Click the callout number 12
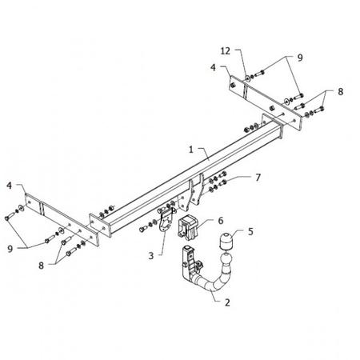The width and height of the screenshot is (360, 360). tap(226, 50)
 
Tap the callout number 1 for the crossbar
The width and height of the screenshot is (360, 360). tap(191, 150)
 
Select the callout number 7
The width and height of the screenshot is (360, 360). tap(258, 178)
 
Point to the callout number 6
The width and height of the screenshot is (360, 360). tap(221, 221)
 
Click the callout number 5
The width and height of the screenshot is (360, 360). tap(250, 231)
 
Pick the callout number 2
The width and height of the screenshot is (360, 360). tap(227, 302)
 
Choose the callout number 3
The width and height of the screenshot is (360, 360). tap(151, 256)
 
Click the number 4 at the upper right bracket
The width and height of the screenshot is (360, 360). tap(213, 67)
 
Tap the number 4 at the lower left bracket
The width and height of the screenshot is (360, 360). tap(10, 186)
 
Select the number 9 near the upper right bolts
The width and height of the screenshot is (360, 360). tap(300, 58)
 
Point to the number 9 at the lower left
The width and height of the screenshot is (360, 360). tap(10, 249)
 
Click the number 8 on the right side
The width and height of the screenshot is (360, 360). tap(341, 92)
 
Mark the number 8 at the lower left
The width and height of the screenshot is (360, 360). tap(41, 266)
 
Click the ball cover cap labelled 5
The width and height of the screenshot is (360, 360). tap(226, 241)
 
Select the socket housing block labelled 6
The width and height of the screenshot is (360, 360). tap(188, 226)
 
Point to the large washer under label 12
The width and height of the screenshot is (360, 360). tap(247, 78)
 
